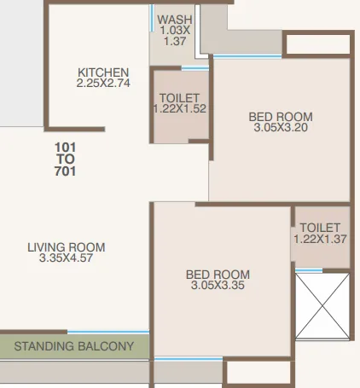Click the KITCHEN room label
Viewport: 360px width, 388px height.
(103, 72)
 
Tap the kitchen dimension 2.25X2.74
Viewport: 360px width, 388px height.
(103, 84)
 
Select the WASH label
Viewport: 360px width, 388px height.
(174, 19)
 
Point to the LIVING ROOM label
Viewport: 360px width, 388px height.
(66, 247)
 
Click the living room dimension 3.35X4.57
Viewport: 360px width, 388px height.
(66, 259)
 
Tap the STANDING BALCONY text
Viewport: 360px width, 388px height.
(74, 346)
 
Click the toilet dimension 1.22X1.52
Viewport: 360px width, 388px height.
(180, 109)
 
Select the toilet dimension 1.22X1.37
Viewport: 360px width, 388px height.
(321, 240)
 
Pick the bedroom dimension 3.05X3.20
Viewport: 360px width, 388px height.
(281, 129)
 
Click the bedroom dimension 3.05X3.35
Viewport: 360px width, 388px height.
(218, 286)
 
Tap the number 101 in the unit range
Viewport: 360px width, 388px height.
(66, 146)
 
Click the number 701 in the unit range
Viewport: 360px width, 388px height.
(66, 171)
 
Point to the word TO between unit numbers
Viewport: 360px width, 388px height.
(66, 159)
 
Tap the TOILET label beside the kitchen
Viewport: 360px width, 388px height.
(180, 97)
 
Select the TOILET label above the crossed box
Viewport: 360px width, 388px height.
(321, 228)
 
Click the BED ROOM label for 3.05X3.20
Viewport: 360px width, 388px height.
(281, 117)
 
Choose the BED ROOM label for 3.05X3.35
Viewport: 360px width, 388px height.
(218, 274)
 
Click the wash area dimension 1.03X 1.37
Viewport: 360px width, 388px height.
(174, 36)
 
